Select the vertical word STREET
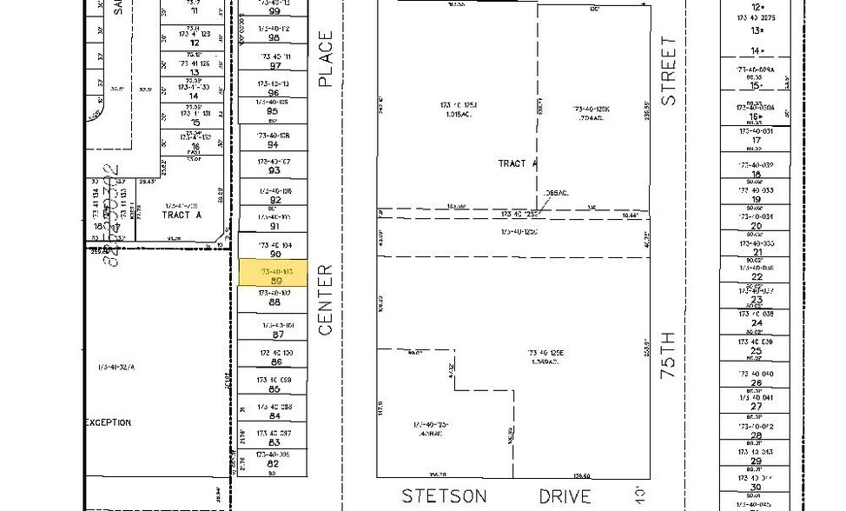coord(668,70)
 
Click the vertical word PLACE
coord(326,59)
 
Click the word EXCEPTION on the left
coord(108,422)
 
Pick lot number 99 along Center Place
coord(274,11)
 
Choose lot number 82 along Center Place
coord(275,464)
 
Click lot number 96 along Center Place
coord(274,92)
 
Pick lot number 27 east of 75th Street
coord(756,406)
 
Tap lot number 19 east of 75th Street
coord(756,199)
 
